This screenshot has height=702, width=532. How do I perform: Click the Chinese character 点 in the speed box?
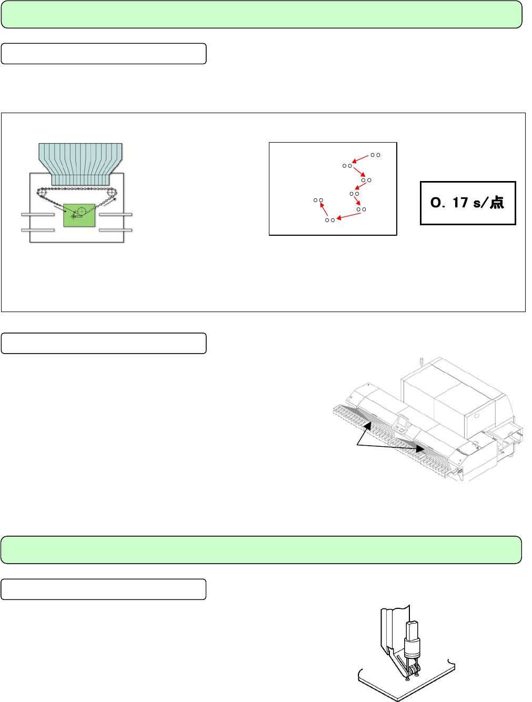click(497, 203)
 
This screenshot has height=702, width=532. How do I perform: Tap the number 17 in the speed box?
click(460, 203)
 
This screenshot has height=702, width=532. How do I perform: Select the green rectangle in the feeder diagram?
click(79, 215)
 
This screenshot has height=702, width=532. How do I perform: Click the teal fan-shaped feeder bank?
click(81, 164)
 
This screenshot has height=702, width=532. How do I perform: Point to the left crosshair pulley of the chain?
click(42, 193)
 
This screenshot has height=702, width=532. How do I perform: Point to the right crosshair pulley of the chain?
click(112, 193)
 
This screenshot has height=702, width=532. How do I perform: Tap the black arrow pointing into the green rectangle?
click(61, 208)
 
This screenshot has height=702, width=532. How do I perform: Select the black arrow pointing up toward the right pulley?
click(110, 202)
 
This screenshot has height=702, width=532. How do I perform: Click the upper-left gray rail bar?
click(38, 214)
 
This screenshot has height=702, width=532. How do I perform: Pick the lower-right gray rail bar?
click(115, 230)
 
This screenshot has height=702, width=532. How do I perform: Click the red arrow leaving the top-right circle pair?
click(360, 159)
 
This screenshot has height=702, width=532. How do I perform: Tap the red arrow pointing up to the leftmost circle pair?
click(324, 209)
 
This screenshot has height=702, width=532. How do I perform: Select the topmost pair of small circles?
click(375, 155)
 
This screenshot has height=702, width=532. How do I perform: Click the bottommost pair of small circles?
click(330, 220)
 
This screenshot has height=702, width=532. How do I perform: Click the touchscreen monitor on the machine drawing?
click(402, 422)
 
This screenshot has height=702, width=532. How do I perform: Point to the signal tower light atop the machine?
click(421, 361)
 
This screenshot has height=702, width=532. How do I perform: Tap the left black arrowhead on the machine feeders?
click(368, 426)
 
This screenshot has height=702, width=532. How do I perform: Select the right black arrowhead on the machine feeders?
click(420, 448)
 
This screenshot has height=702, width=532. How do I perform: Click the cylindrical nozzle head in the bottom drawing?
click(412, 643)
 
